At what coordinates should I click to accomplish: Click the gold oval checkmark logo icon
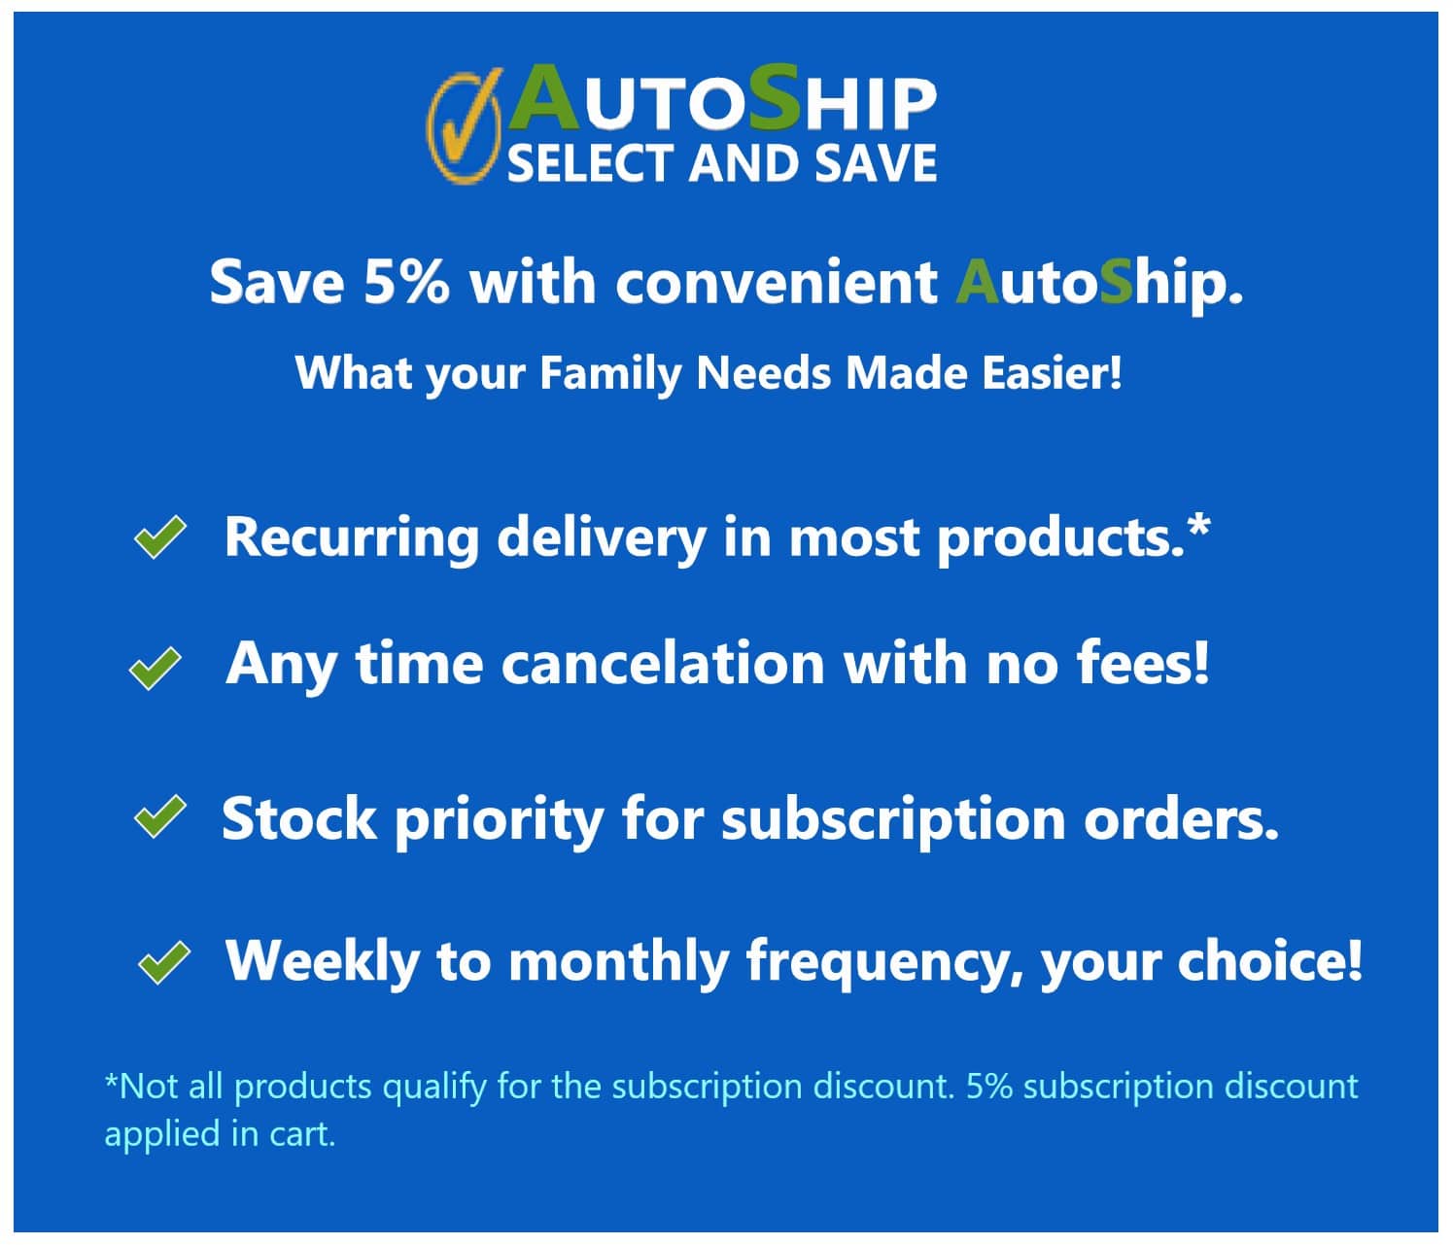(x=464, y=126)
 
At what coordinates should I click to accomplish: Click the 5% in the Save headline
(x=405, y=282)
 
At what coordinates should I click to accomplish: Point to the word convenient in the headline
(x=777, y=282)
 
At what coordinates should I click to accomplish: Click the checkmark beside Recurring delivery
(x=159, y=537)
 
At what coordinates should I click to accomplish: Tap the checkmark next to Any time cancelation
(x=156, y=669)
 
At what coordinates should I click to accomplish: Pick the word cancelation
(x=664, y=664)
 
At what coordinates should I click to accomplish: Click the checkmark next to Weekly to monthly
(x=163, y=962)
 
